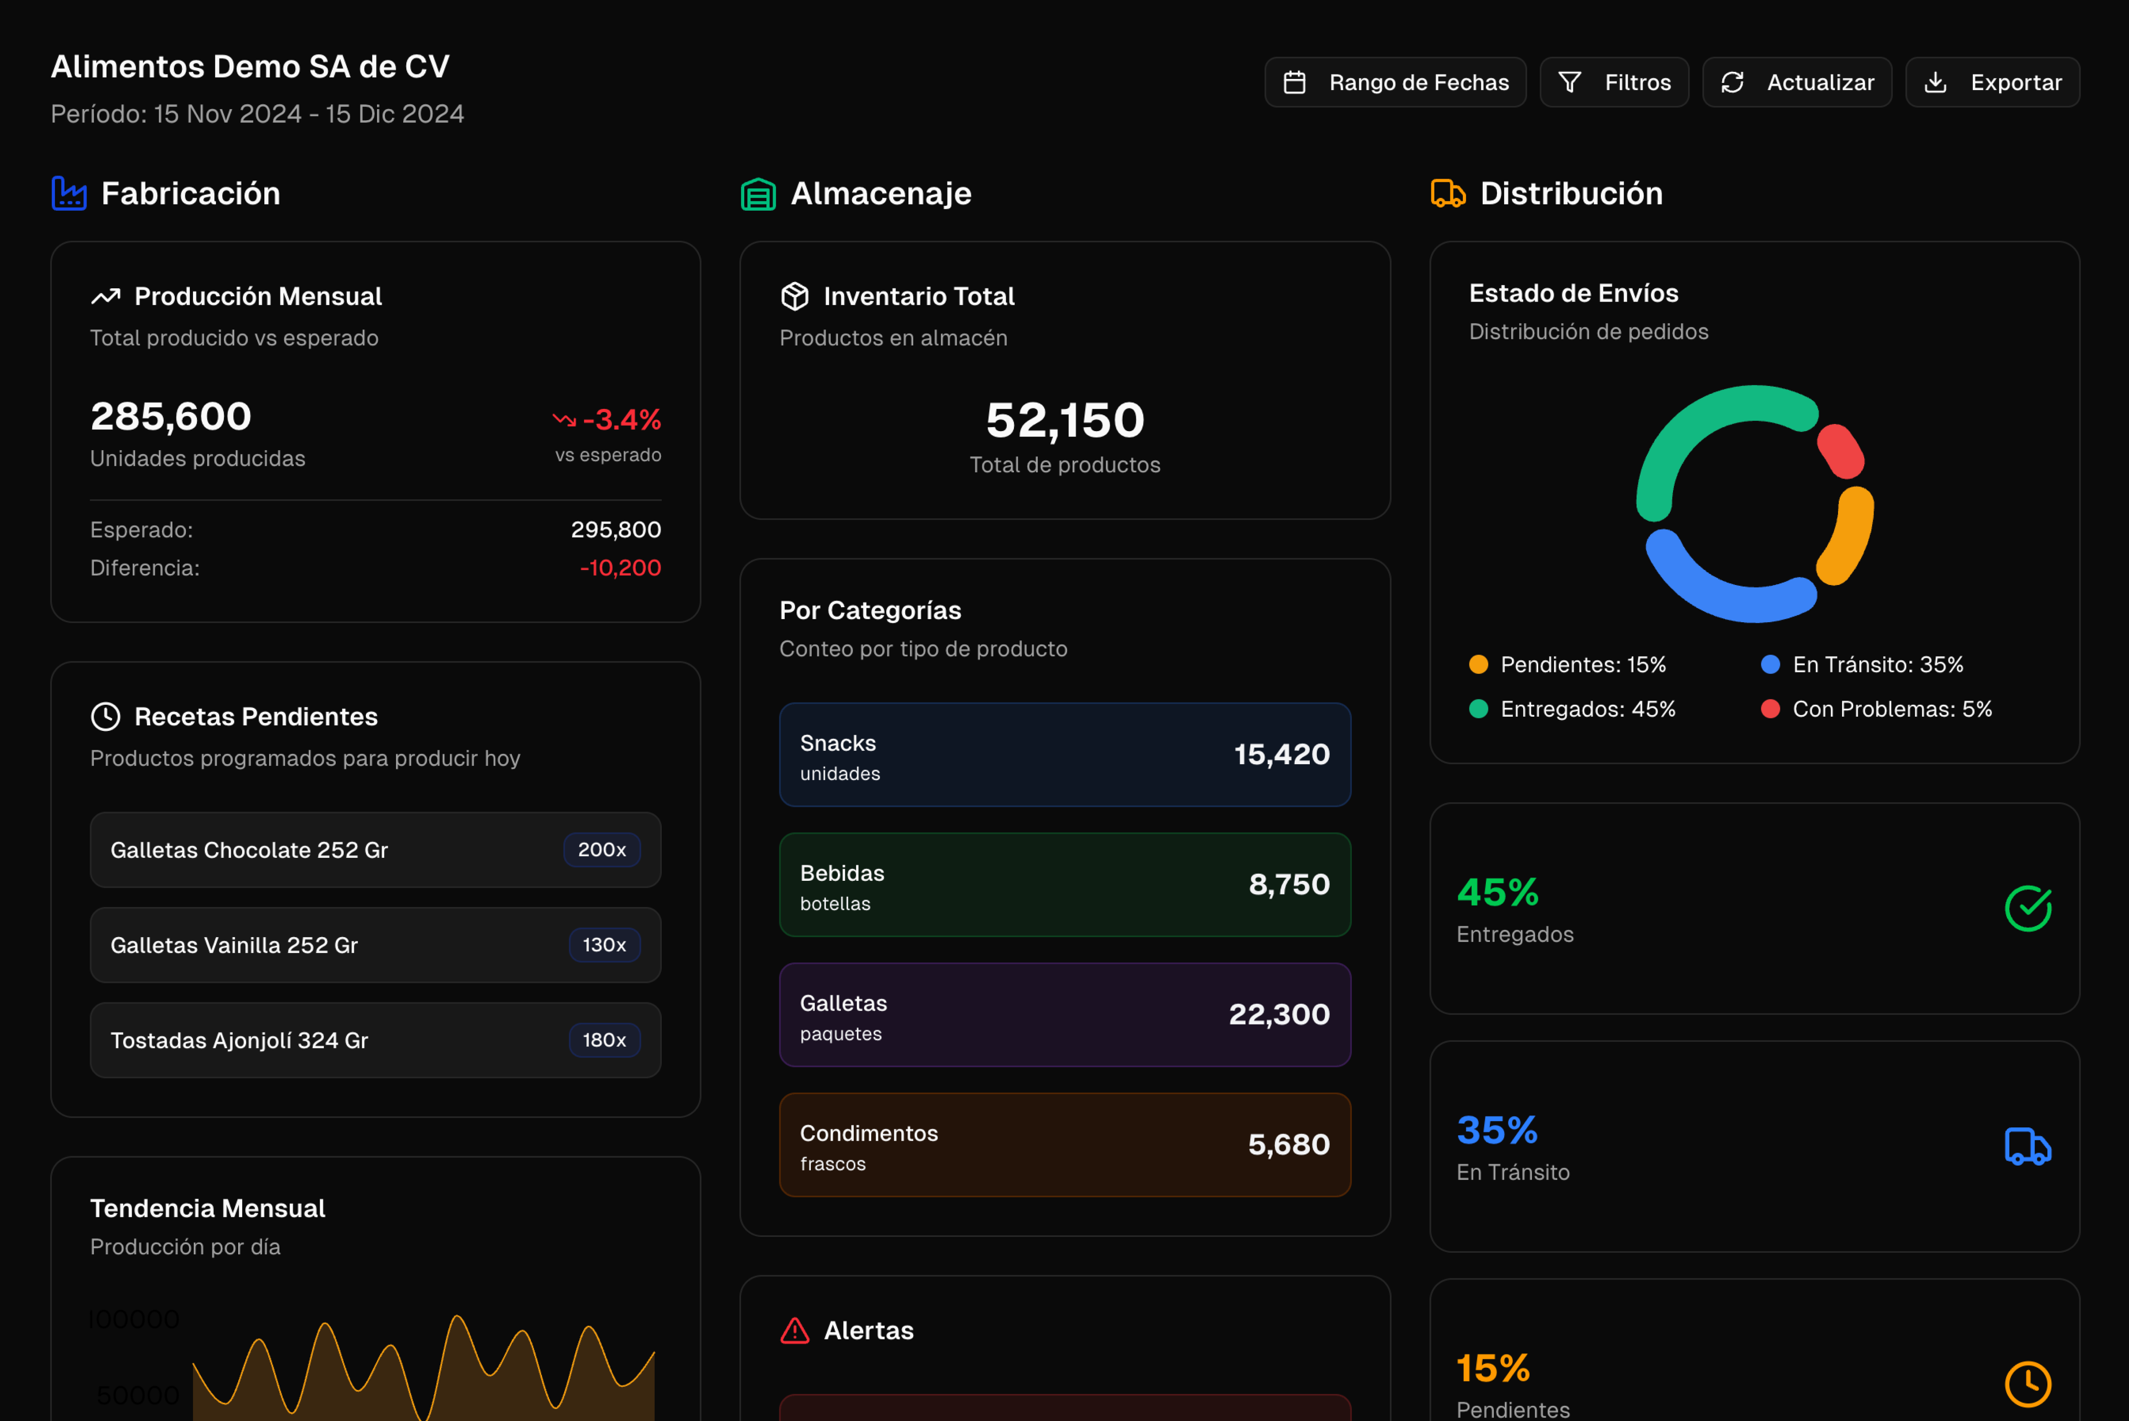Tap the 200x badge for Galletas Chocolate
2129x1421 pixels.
click(x=602, y=850)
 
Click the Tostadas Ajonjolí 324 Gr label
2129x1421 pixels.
click(x=239, y=1040)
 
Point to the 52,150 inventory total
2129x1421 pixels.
click(x=1065, y=420)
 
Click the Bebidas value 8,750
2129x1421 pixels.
click(x=1289, y=884)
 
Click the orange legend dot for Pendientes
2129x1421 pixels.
click(x=1478, y=664)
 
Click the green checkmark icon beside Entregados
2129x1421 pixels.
click(x=2027, y=908)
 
